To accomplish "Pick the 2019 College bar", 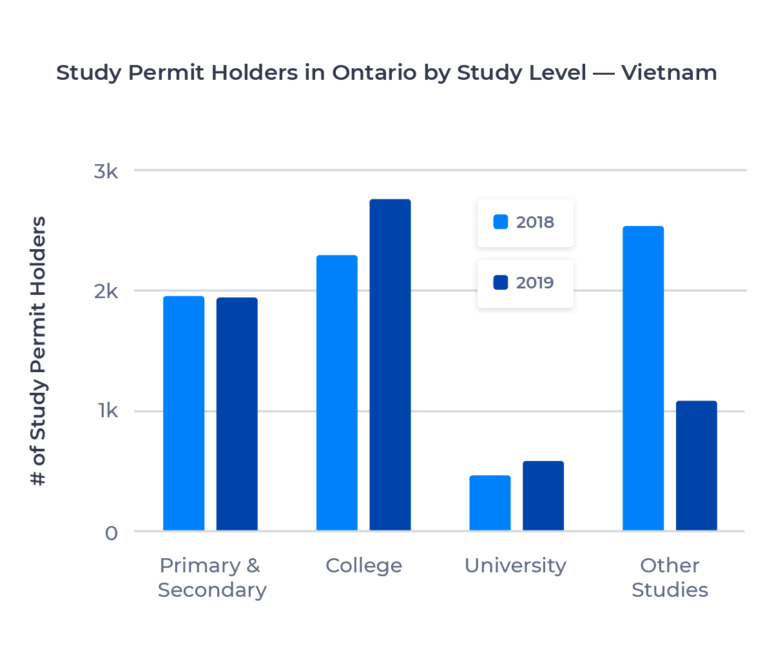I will coord(390,365).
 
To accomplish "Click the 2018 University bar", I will coord(490,503).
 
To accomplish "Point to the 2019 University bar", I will coord(543,496).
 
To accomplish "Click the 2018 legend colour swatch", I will coord(501,222).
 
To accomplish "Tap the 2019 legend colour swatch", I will coord(501,283).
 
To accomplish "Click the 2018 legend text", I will coord(535,222).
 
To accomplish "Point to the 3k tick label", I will coord(106,171).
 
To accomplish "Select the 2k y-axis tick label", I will coord(106,292).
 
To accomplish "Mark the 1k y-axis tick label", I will coord(108,411).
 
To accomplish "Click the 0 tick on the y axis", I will coord(111,533).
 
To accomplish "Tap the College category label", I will coord(363,566).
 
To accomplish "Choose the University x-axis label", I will coord(516,566).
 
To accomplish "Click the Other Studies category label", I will coord(670,578).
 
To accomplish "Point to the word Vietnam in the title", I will coord(669,73).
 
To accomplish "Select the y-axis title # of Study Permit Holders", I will coord(39,352).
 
